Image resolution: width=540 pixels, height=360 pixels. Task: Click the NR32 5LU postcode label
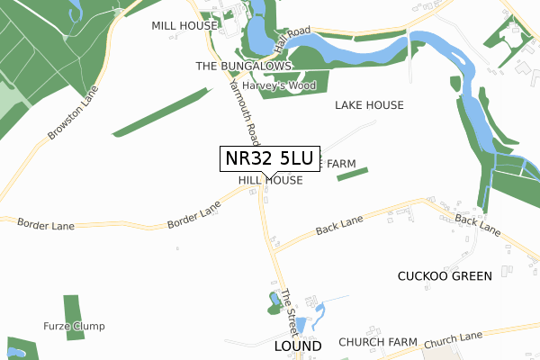(269, 158)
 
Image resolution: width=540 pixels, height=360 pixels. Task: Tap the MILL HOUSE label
(184, 26)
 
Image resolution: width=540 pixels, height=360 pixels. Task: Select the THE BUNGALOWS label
(244, 67)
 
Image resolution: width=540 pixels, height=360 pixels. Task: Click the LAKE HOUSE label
(369, 105)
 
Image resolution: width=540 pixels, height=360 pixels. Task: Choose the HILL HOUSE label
(270, 181)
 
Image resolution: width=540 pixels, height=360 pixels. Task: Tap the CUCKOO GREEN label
(445, 276)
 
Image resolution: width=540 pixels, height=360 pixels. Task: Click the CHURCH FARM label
(378, 343)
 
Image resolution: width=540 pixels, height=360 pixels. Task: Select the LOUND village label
(298, 346)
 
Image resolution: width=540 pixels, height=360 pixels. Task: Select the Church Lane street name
(454, 341)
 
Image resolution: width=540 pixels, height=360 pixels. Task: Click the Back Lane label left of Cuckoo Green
(339, 226)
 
